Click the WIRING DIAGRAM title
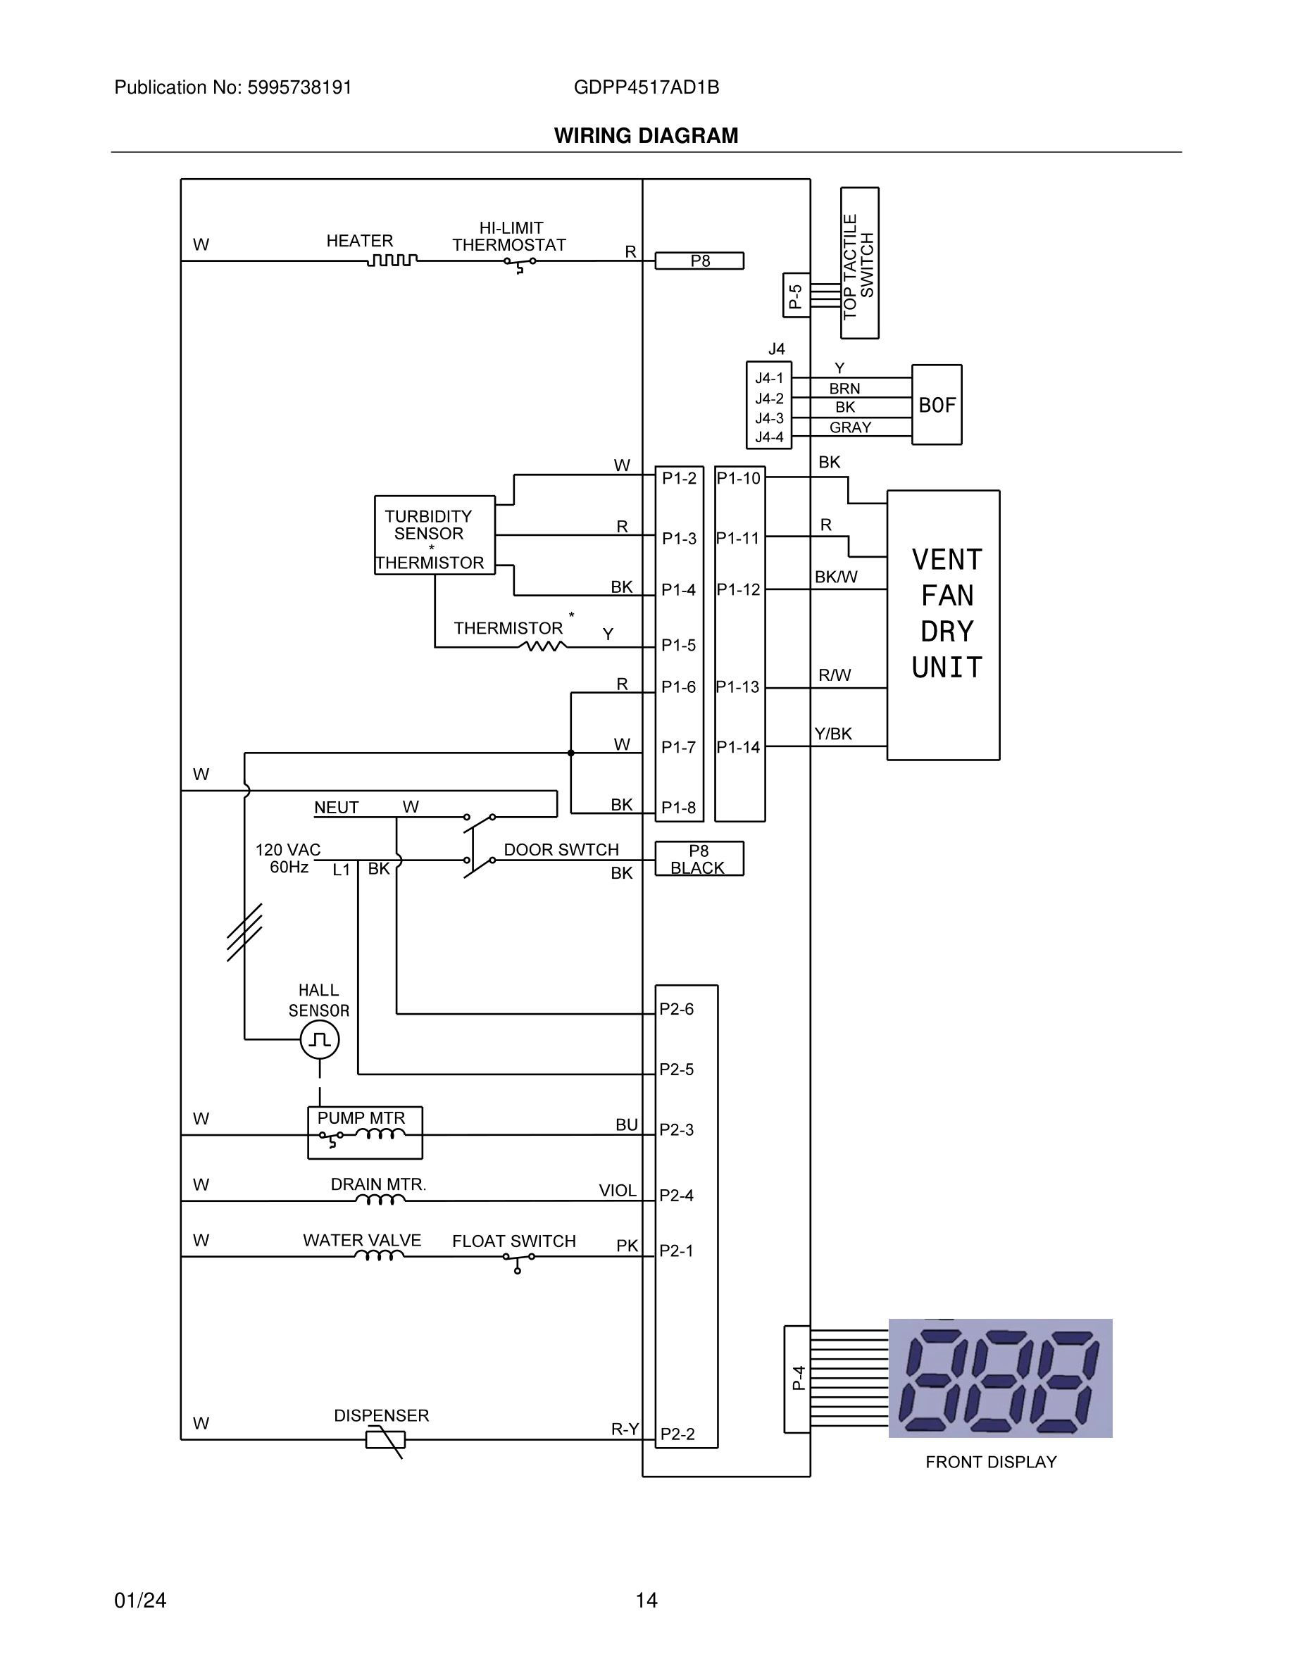(x=646, y=136)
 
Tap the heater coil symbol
(x=392, y=261)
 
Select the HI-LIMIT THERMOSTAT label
(x=509, y=237)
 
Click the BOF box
(x=936, y=404)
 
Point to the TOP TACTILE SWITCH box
(x=858, y=263)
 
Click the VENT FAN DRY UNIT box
(x=943, y=625)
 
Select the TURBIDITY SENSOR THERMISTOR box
(x=435, y=535)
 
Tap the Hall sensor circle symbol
(x=320, y=1039)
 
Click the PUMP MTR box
(x=365, y=1132)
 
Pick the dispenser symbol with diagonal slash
(x=385, y=1440)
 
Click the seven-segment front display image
(x=999, y=1378)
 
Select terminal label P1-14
(x=739, y=747)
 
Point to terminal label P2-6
(x=676, y=1010)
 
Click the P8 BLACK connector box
(x=699, y=859)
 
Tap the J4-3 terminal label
(x=769, y=418)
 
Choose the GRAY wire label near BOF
(x=850, y=427)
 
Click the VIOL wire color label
(x=618, y=1191)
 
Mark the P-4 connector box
(x=797, y=1378)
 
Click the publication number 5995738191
(x=299, y=87)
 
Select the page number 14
(x=646, y=1600)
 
